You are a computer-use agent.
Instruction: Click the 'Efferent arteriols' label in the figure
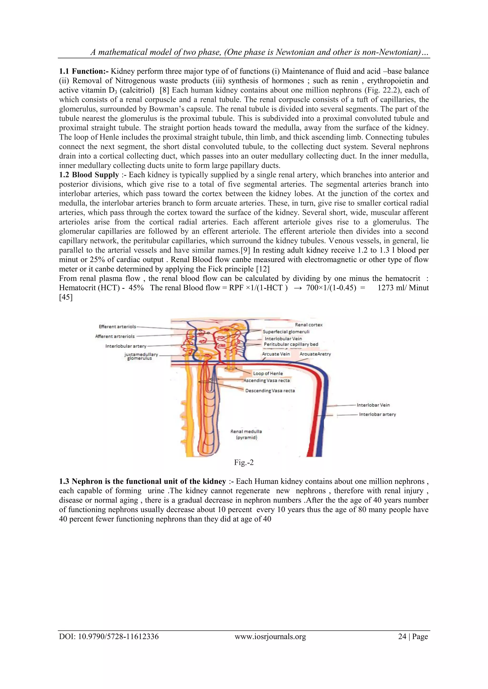click(x=117, y=327)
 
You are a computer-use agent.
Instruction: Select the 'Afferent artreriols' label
click(x=115, y=336)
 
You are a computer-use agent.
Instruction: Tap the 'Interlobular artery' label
click(x=126, y=346)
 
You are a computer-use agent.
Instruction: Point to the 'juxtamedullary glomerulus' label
click(x=141, y=356)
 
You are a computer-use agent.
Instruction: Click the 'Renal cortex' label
click(x=309, y=325)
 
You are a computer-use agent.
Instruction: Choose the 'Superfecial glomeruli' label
click(x=286, y=332)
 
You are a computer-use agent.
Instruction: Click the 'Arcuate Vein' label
click(x=276, y=354)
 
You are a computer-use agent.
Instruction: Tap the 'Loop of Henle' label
click(x=268, y=373)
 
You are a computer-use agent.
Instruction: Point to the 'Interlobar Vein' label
click(x=373, y=405)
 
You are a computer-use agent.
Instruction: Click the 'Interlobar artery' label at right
click(x=377, y=414)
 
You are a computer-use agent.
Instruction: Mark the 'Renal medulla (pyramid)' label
click(x=246, y=434)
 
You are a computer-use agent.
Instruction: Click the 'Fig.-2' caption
click(x=244, y=462)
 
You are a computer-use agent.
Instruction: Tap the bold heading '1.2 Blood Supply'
click(x=89, y=175)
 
